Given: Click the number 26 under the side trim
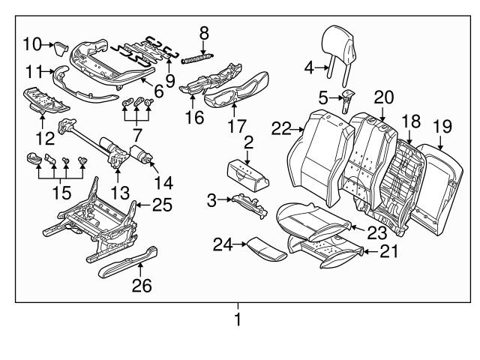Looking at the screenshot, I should coord(142,285).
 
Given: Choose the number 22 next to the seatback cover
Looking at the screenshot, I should coord(281,130).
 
